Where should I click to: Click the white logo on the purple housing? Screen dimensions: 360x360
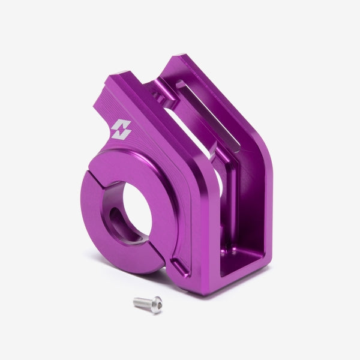[x=121, y=130]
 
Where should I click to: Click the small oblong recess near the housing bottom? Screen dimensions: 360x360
[x=179, y=265]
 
